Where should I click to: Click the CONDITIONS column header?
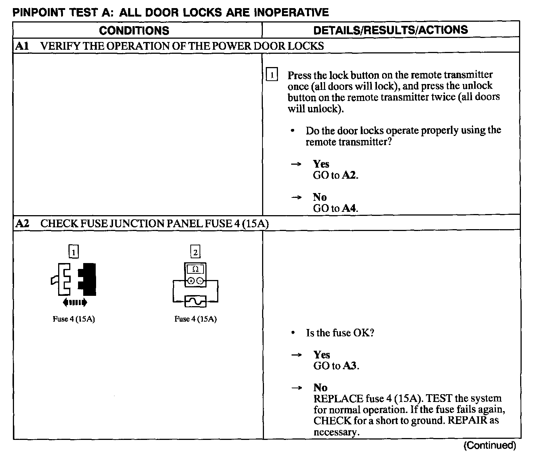coord(134,30)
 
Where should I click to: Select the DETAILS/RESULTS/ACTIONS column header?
coord(391,30)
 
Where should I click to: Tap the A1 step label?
coord(22,46)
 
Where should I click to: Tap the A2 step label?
coord(22,223)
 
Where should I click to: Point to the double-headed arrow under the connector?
coord(75,303)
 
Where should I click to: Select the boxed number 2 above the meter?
coord(195,252)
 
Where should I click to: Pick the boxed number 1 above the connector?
coord(74,252)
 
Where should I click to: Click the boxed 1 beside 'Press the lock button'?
coord(272,75)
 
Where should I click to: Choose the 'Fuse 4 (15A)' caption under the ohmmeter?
coord(195,319)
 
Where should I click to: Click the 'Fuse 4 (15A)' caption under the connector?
coord(74,319)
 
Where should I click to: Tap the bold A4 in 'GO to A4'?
coord(349,208)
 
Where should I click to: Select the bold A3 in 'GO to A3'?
coord(350,366)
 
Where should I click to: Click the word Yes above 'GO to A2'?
coord(321,164)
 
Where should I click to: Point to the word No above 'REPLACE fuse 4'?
coord(320,388)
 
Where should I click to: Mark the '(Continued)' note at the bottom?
coord(489,445)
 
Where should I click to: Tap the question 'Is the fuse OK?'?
coord(340,333)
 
